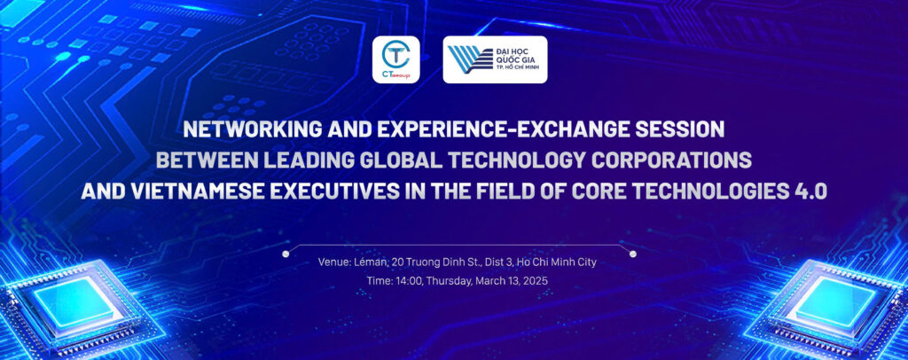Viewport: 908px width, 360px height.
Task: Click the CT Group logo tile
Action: tap(395, 59)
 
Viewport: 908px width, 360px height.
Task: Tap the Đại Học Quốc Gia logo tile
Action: tap(495, 59)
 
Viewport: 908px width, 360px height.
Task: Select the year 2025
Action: tap(536, 280)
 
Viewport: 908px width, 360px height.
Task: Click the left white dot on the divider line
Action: tap(285, 254)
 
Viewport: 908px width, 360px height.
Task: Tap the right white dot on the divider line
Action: tap(633, 254)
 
